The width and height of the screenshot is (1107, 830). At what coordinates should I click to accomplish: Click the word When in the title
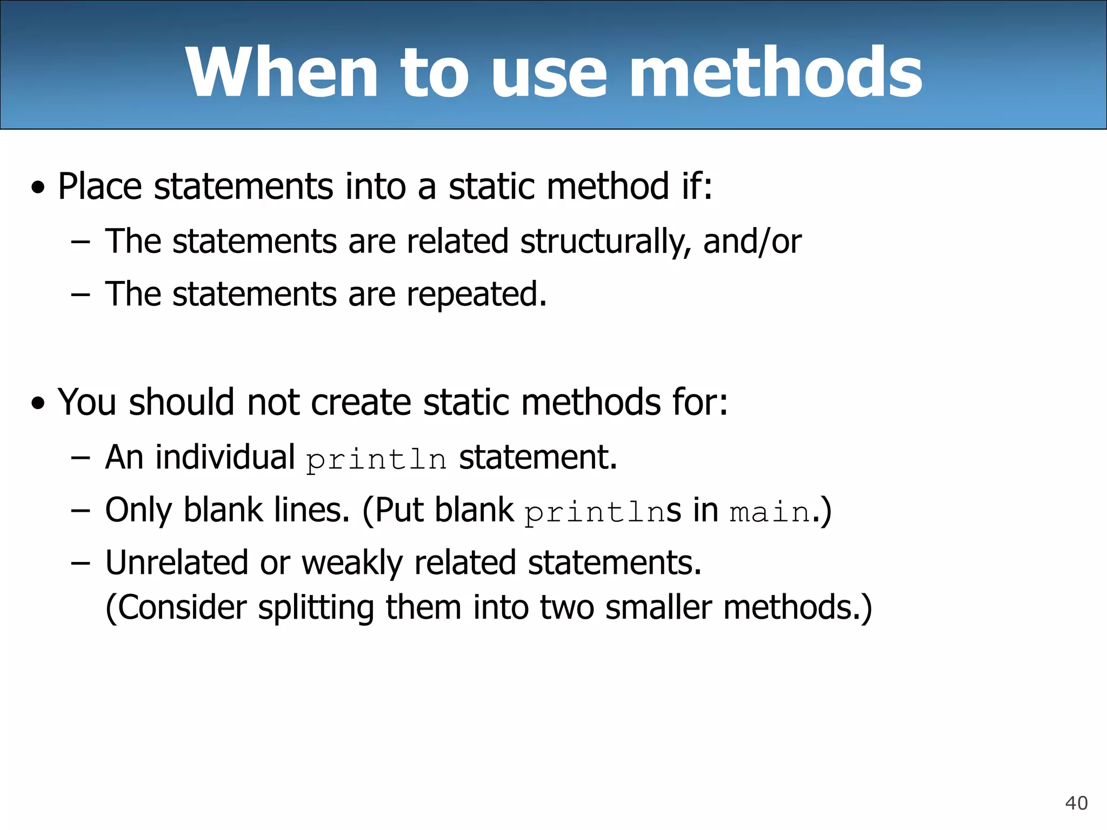point(281,72)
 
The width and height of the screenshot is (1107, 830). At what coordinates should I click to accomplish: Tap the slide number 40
point(1076,803)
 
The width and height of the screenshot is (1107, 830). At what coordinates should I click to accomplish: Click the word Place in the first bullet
point(100,186)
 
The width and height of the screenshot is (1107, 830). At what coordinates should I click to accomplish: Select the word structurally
point(605,242)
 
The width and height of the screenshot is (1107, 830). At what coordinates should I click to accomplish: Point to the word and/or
point(752,242)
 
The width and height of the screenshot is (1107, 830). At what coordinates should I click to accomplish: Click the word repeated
point(476,295)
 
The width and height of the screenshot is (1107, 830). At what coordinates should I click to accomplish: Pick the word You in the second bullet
point(86,403)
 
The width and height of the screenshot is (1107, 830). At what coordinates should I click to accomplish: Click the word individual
point(225,457)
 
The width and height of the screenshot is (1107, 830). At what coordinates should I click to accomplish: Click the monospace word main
point(770,512)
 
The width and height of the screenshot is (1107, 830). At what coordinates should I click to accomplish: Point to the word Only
point(138,510)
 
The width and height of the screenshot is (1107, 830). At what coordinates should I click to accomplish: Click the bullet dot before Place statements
point(38,189)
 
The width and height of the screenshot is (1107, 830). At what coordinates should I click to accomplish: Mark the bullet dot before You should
point(38,404)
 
